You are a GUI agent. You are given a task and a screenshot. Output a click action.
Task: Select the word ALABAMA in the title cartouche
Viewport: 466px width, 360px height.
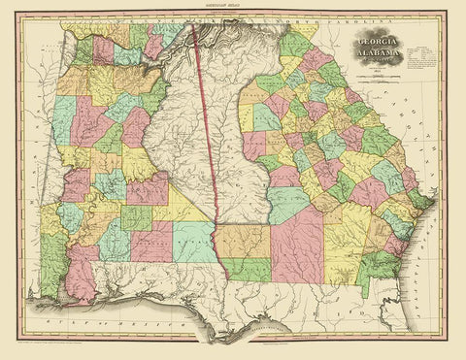pyautogui.click(x=381, y=56)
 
